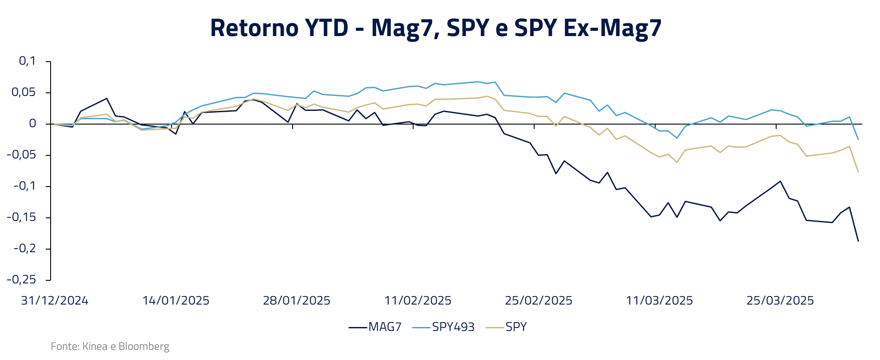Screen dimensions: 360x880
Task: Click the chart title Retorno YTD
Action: pyautogui.click(x=436, y=28)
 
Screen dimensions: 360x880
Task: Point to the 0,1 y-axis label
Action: pyautogui.click(x=27, y=61)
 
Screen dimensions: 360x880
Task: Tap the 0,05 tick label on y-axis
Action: pyautogui.click(x=24, y=92)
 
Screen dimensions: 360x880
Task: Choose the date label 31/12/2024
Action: pyautogui.click(x=55, y=301)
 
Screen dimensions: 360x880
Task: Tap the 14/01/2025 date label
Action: pyautogui.click(x=176, y=301)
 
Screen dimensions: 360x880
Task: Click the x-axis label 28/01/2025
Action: pyautogui.click(x=297, y=301)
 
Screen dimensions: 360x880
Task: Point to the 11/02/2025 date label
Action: pyautogui.click(x=418, y=301)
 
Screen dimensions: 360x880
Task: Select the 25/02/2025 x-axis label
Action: pyautogui.click(x=539, y=301)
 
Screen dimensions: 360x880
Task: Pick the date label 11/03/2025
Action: pyautogui.click(x=659, y=301)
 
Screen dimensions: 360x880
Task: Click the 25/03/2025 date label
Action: pyautogui.click(x=780, y=301)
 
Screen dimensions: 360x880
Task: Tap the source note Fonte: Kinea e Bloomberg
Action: pyautogui.click(x=110, y=346)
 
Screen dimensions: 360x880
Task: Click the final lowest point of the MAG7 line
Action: pyautogui.click(x=858, y=241)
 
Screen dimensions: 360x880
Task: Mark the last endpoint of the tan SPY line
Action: pyautogui.click(x=858, y=172)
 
